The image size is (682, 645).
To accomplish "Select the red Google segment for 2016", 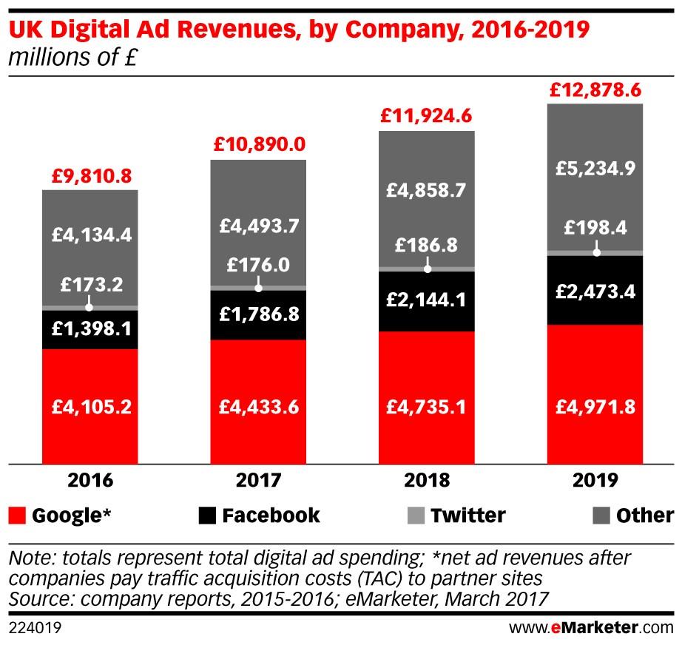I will click(90, 405).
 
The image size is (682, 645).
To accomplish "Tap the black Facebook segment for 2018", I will click(426, 300).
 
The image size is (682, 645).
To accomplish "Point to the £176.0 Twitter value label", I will click(258, 264).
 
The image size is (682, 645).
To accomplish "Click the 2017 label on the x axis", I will click(258, 482).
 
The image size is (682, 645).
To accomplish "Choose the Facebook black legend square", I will click(209, 516).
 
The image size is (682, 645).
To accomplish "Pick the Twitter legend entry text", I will click(467, 516).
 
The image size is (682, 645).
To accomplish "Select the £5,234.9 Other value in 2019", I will click(595, 168).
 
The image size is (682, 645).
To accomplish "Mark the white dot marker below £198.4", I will click(596, 252).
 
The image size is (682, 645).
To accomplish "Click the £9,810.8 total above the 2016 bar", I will click(90, 176).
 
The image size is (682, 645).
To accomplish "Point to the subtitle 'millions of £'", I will click(72, 58).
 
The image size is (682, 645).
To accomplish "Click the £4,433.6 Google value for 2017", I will click(258, 405).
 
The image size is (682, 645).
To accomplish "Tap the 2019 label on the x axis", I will click(595, 482).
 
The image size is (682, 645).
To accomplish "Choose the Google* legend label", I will click(71, 516).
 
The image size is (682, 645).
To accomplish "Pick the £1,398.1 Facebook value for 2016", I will click(90, 328).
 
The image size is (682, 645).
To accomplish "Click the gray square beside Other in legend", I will click(603, 516).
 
